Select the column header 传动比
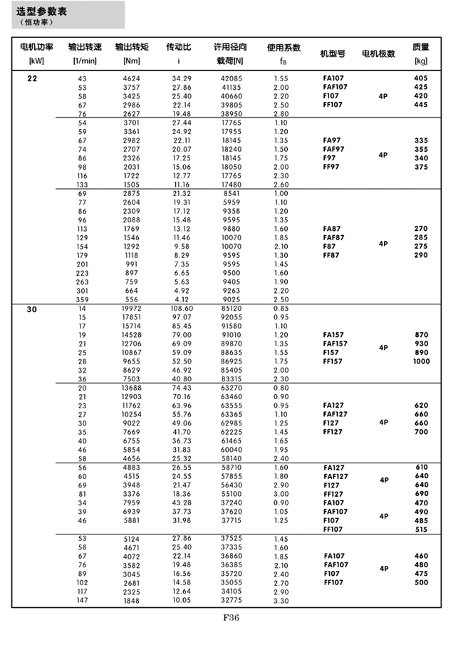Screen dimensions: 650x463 pos(178,47)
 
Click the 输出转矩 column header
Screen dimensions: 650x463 pos(132,47)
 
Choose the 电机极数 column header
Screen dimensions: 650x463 pos(378,53)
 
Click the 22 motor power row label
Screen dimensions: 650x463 pos(33,78)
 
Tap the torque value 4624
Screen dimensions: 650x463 pos(132,78)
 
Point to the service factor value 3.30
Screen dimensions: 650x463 pos(281,602)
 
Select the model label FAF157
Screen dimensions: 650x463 pos(335,343)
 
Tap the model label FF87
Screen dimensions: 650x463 pos(333,255)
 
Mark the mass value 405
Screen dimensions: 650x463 pos(420,78)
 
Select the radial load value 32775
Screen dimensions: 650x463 pos(229,602)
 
